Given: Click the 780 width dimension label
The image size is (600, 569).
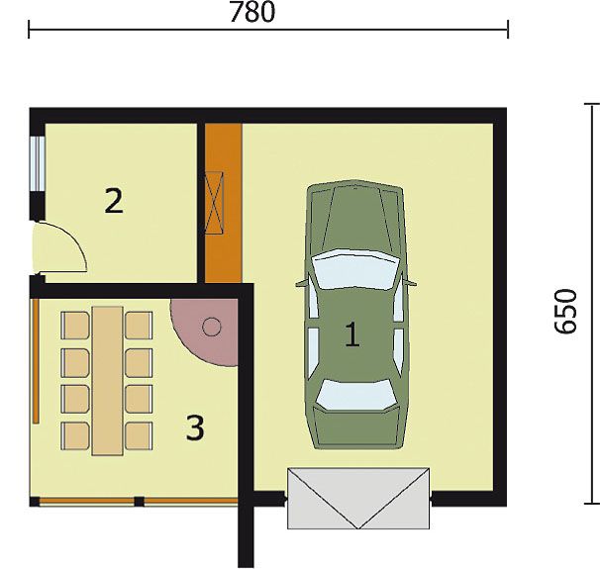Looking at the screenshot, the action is pos(252,12).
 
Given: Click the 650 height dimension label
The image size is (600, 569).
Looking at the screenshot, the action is pos(565,312).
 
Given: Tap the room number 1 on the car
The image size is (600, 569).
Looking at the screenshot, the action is pos(352,334).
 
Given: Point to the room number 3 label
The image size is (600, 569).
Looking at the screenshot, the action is pos(195,427).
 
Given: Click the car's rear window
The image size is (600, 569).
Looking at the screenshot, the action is pos(355,394).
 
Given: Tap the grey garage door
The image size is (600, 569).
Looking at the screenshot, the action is pos(358,499).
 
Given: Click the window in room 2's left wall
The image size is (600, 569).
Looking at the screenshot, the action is pos(38,163).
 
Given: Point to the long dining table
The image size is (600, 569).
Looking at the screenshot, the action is pos(108,380).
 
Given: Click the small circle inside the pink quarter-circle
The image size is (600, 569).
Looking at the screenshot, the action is pos(212,327).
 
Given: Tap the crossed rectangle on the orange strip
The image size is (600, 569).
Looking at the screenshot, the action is pos(214,202).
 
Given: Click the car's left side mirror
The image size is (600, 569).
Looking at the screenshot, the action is pos(302,283).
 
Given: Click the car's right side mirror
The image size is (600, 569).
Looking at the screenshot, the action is pos(410,283).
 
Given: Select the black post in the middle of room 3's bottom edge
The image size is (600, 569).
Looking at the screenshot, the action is pos(140,502).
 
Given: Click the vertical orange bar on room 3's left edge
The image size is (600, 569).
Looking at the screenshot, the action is pos(36,361).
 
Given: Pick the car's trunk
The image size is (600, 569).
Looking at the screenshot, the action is pos(356,428).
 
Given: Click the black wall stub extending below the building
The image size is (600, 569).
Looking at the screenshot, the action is pos(246,535).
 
